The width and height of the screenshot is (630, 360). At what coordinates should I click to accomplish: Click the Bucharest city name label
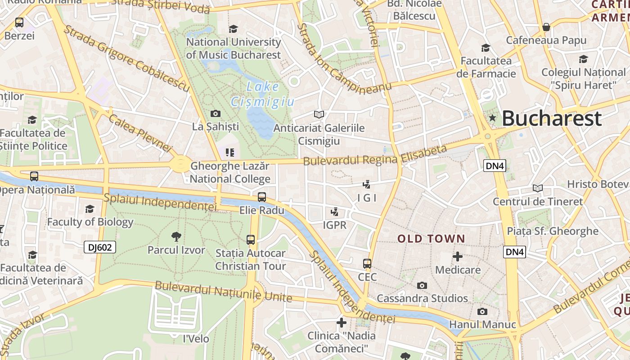tap(551, 118)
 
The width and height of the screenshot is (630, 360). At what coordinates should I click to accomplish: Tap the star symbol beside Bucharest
tap(493, 118)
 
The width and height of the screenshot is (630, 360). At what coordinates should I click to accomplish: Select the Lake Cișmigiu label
tap(262, 94)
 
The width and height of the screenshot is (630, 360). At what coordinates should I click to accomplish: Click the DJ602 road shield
tap(100, 247)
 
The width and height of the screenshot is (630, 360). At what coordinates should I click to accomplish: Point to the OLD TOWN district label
tap(431, 238)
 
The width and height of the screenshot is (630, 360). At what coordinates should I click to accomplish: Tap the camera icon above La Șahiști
tap(216, 113)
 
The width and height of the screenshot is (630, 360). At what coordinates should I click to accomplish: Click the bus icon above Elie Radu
tap(262, 197)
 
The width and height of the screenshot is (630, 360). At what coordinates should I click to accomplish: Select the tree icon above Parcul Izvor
tap(176, 236)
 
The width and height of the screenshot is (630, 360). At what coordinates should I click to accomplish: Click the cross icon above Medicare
tap(458, 256)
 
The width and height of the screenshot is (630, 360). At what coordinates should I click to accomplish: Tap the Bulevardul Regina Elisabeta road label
tap(375, 155)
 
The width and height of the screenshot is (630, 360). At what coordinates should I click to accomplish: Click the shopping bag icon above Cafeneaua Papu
tap(546, 27)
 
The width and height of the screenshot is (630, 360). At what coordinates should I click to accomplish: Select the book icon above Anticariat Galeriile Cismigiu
tap(319, 115)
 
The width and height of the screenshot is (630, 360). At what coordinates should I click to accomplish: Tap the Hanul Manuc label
tap(482, 324)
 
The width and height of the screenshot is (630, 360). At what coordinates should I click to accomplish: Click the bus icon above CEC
tap(367, 264)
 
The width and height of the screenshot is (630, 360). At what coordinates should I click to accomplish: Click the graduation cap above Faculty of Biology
tap(90, 209)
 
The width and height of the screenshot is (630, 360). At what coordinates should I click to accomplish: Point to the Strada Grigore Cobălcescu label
tap(126, 58)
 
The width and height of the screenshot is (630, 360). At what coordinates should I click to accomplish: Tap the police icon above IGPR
tap(334, 211)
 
